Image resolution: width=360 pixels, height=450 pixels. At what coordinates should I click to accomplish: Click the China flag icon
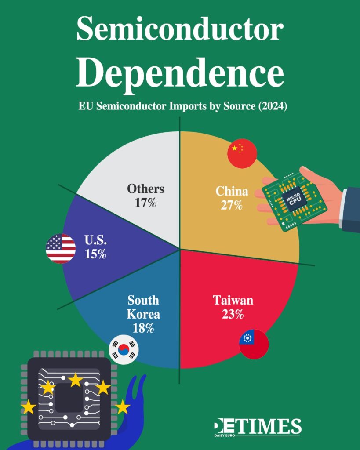[x=242, y=154]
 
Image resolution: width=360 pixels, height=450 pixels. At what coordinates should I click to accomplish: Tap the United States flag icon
[x=61, y=249]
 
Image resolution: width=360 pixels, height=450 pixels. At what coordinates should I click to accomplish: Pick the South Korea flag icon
[x=124, y=349]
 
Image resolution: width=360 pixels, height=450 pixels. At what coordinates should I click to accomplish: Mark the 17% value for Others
[x=145, y=203]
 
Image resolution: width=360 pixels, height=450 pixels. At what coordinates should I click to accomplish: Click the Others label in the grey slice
[x=145, y=189]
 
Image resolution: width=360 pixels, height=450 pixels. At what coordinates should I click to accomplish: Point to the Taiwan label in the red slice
[x=233, y=301]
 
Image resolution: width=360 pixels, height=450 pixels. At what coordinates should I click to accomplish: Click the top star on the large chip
[x=75, y=380]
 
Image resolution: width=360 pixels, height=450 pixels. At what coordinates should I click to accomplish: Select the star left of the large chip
[x=29, y=407]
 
